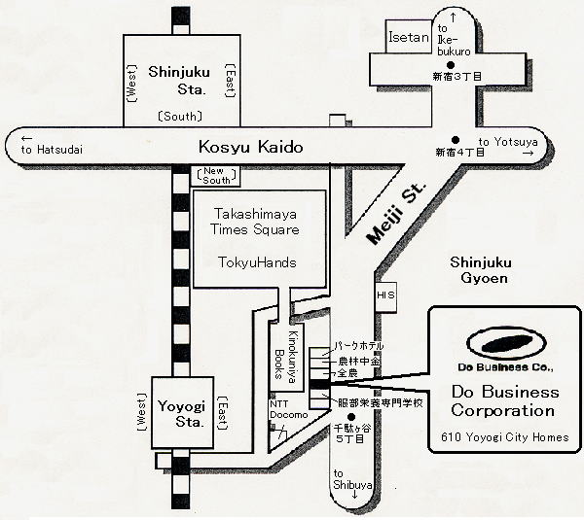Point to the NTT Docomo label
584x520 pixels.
point(287,409)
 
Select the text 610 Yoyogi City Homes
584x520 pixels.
point(502,437)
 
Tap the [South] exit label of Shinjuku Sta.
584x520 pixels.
point(178,117)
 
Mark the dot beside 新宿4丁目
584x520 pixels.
point(455,138)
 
